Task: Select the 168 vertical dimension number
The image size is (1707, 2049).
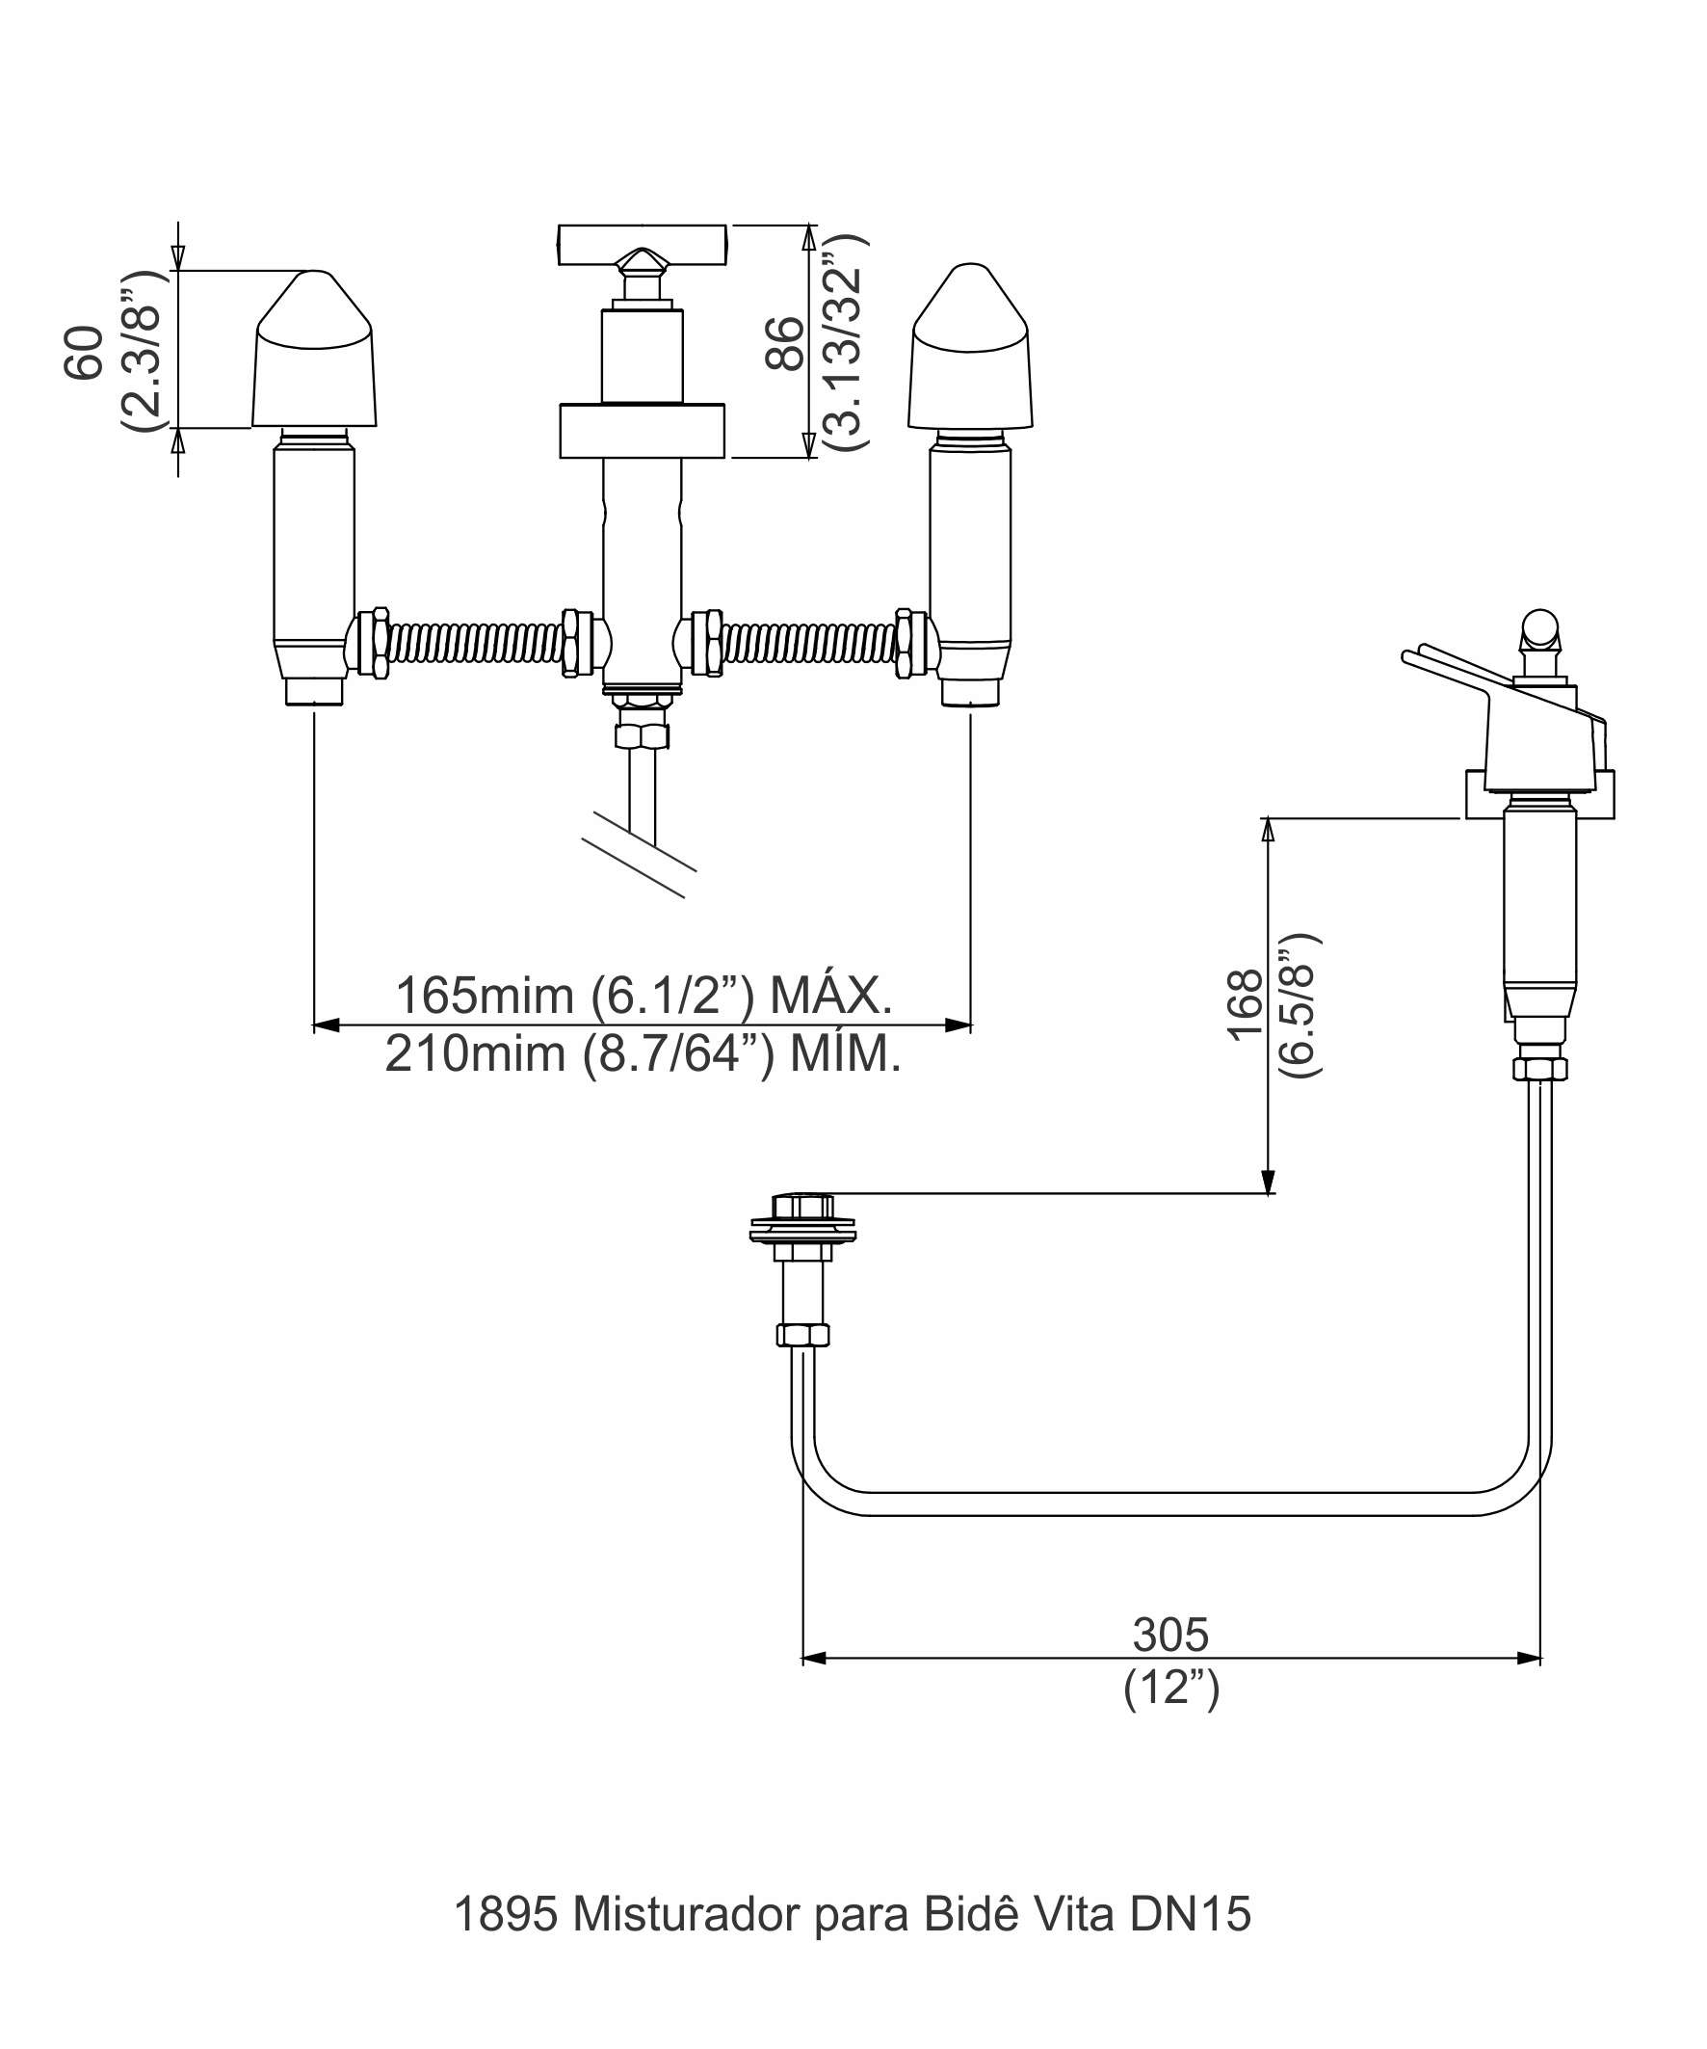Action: pyautogui.click(x=1245, y=1006)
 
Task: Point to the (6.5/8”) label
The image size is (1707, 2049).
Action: pyautogui.click(x=1300, y=1005)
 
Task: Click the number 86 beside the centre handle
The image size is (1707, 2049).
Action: pyautogui.click(x=785, y=343)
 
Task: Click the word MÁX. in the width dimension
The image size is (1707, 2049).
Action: pyautogui.click(x=831, y=996)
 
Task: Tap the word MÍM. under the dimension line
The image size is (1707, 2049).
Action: pyautogui.click(x=845, y=1053)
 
